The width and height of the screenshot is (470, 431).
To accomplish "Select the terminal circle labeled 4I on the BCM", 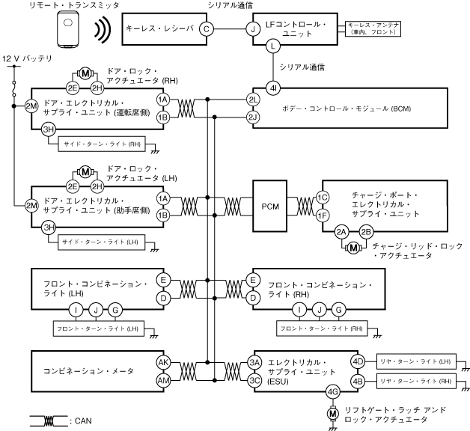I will point(273,87).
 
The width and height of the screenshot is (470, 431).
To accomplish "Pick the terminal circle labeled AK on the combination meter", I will point(162,362).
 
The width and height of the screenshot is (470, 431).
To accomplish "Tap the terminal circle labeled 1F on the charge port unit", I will point(323,215).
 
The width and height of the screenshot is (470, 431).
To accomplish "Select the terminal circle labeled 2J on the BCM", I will point(253,117).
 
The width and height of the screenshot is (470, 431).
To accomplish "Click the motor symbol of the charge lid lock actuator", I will point(352,248).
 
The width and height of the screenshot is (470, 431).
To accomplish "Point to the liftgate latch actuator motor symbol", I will point(333,412).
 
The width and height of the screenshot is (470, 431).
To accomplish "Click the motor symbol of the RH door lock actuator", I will point(85,73).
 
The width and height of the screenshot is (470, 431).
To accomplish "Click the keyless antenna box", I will point(370,28).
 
